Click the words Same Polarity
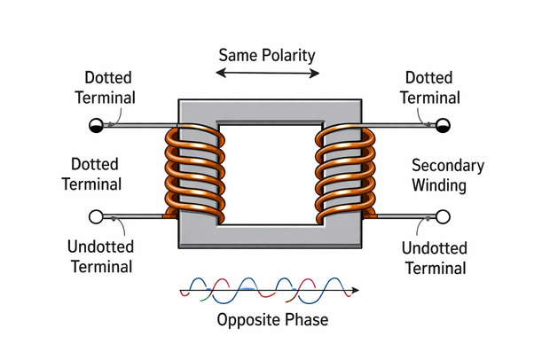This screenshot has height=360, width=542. tap(267, 54)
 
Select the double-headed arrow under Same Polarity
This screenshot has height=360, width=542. tap(267, 75)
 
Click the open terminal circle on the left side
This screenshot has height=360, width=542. tap(95, 216)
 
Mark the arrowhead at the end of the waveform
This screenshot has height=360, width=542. tap(355, 289)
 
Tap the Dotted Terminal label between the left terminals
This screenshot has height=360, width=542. tap(95, 176)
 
